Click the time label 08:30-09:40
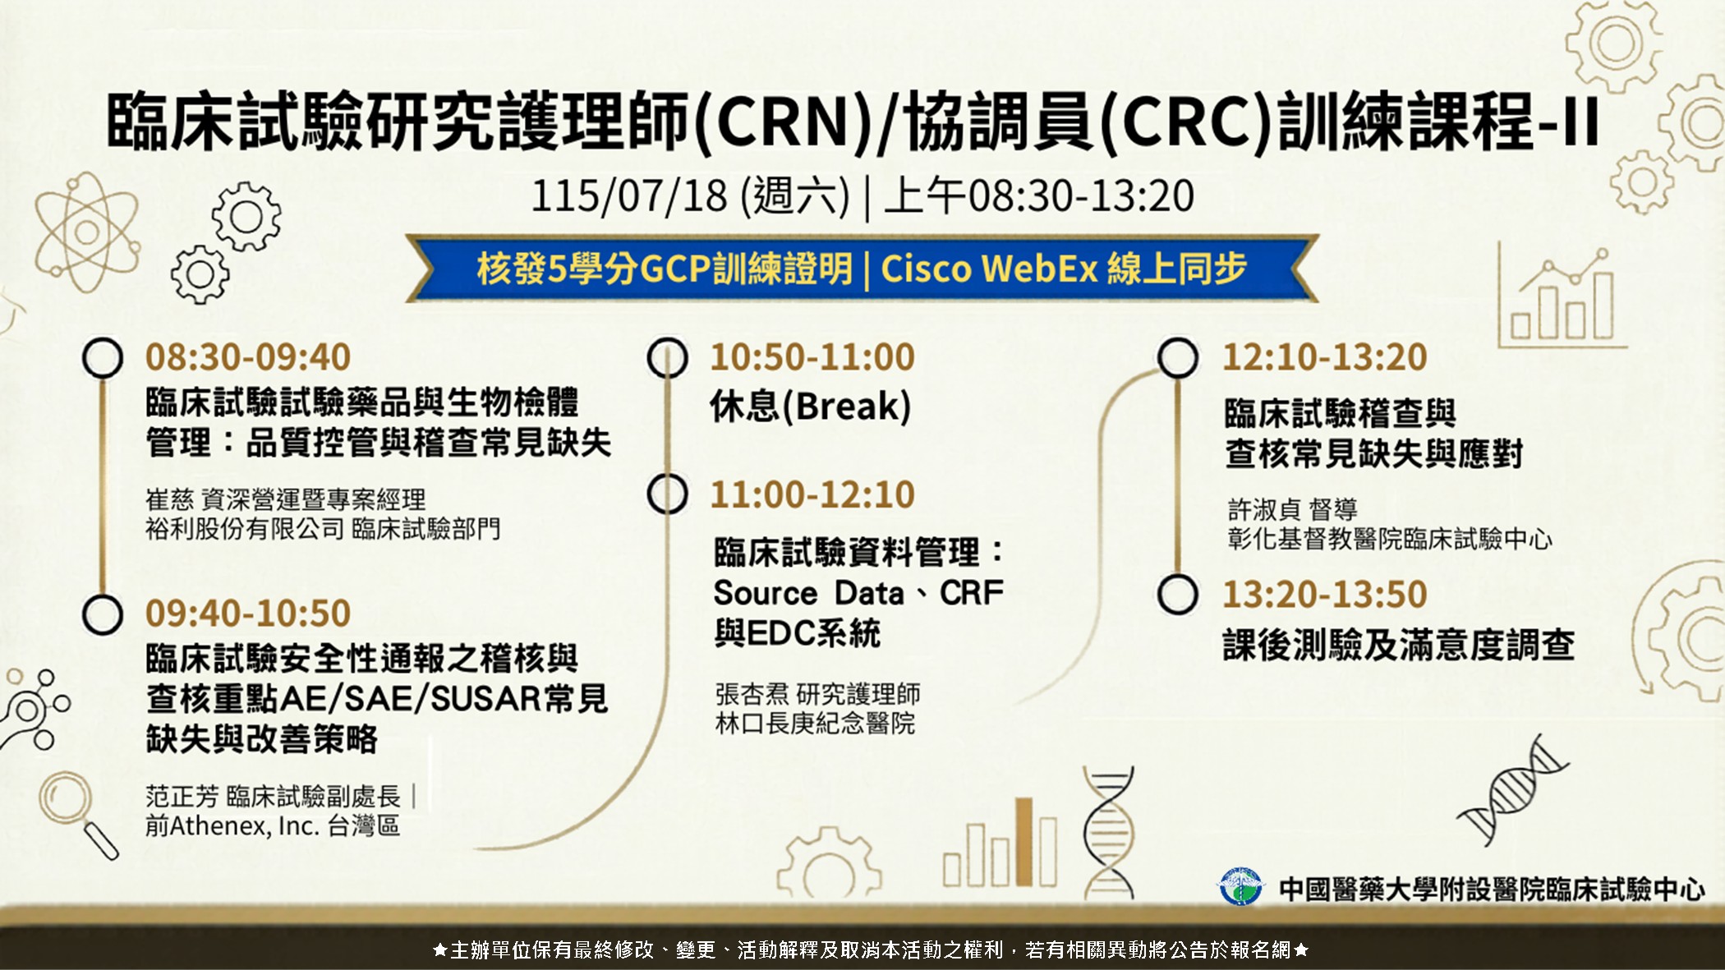[x=248, y=357]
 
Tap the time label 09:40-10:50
[x=248, y=614]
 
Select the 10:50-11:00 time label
[x=812, y=357]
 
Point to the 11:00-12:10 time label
[x=812, y=494]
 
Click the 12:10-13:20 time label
[x=1325, y=357]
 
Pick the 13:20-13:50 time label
[x=1325, y=594]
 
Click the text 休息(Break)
[x=811, y=407]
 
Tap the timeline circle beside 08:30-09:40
[x=103, y=357]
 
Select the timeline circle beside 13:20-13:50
[x=1177, y=594]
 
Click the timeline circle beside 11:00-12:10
[x=667, y=494]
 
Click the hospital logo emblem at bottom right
[x=1240, y=886]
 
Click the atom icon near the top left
[x=86, y=232]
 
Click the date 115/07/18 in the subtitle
[x=629, y=196]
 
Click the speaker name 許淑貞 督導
[x=1293, y=509]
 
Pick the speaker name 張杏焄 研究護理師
[x=817, y=694]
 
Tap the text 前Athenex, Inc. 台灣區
[x=273, y=825]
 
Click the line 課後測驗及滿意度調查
[x=1399, y=645]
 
